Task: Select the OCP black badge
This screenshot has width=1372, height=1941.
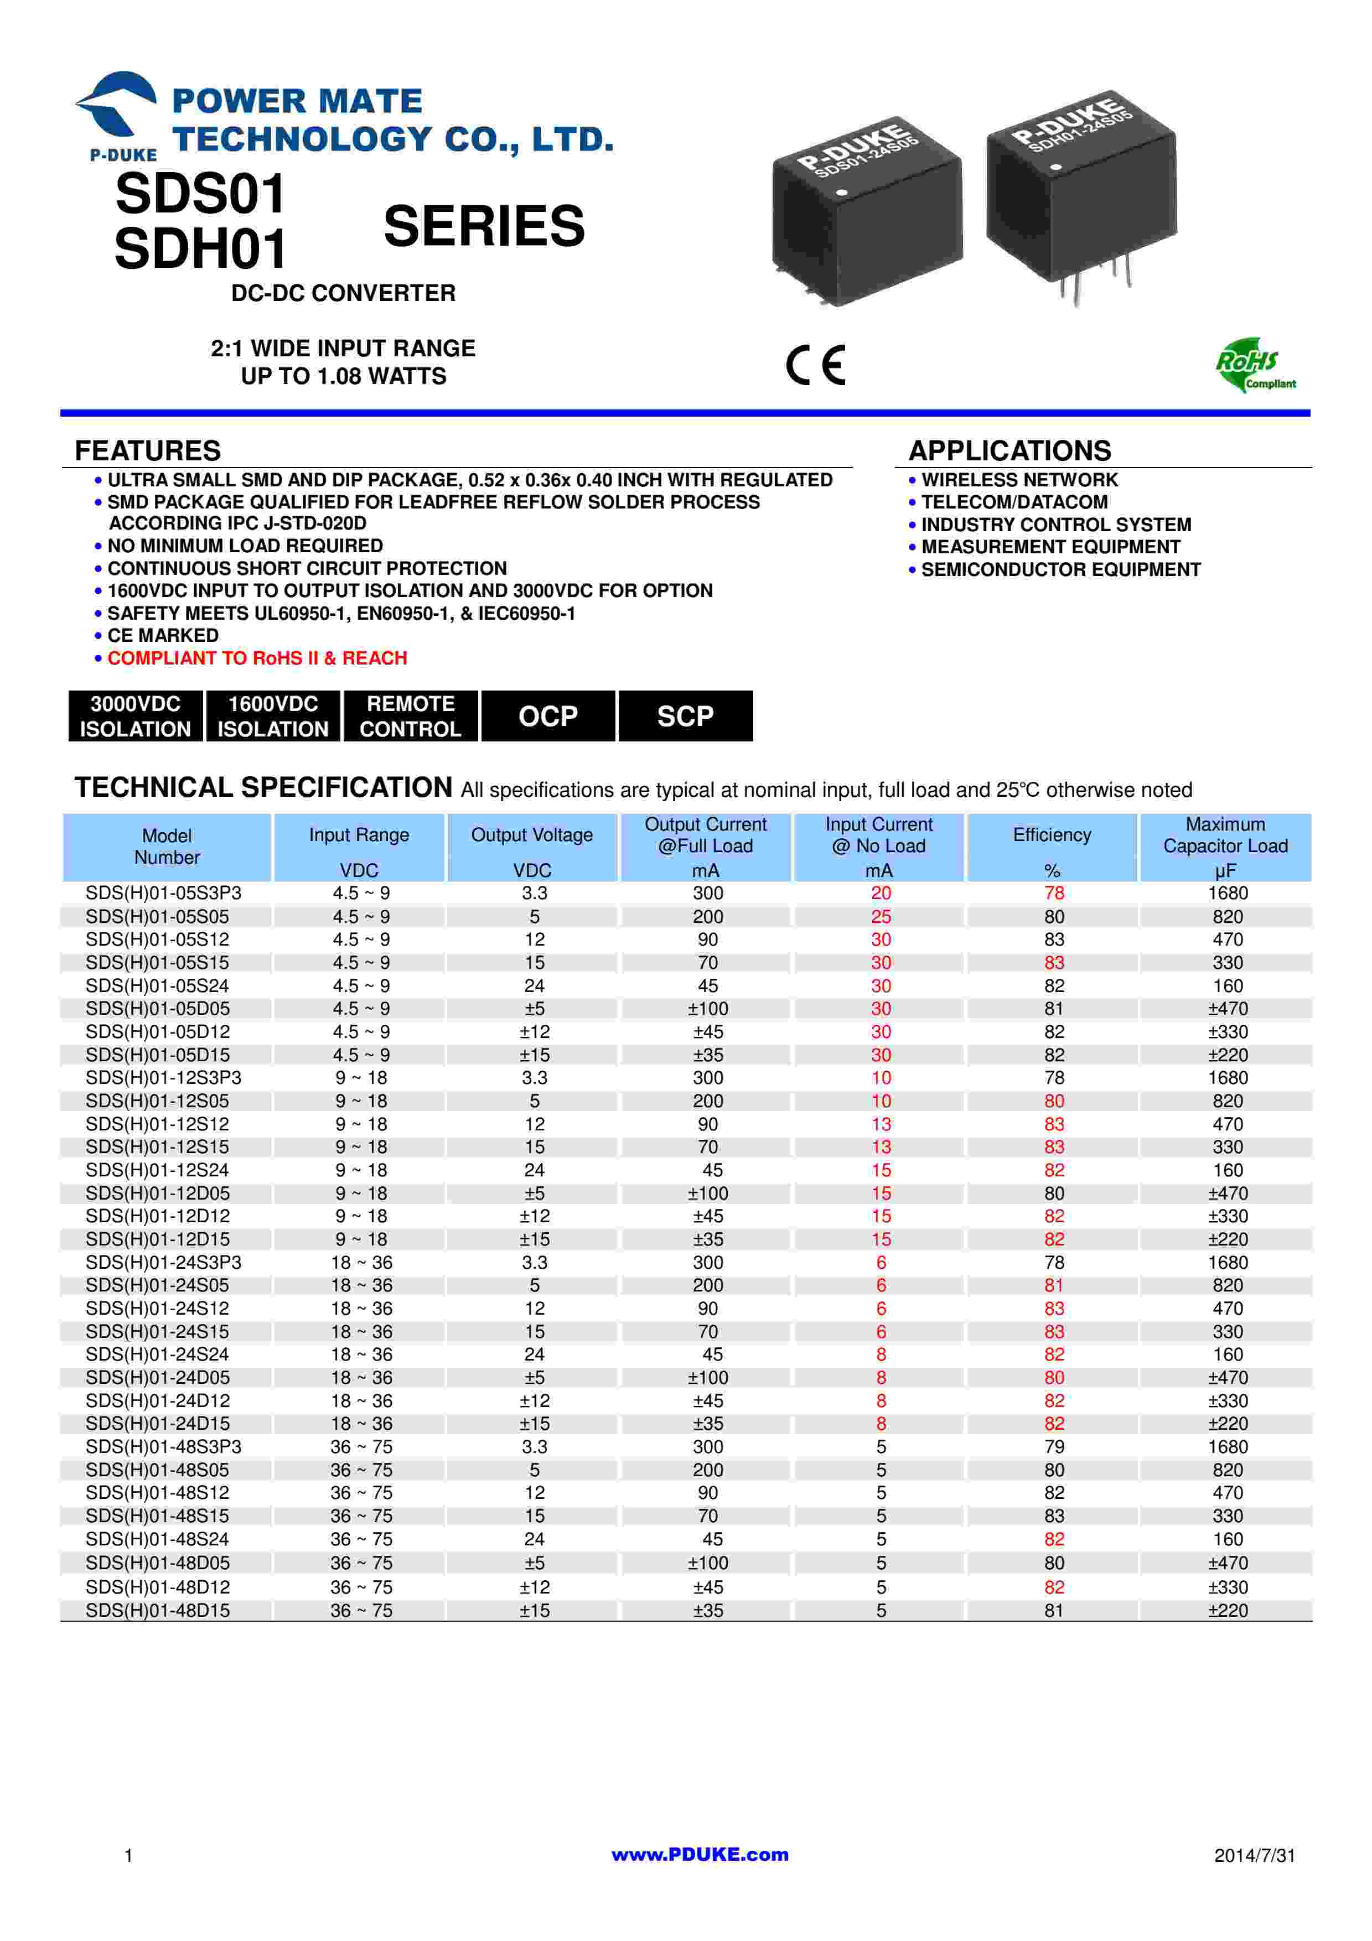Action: (x=548, y=716)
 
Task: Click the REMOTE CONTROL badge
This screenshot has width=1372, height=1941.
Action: (x=410, y=716)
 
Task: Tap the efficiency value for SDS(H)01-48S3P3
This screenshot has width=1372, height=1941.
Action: (x=1053, y=1447)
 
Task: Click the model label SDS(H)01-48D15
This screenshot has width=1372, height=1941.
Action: (x=157, y=1611)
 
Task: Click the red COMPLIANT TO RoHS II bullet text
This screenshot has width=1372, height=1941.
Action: (x=257, y=658)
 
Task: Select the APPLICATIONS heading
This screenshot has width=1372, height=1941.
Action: (x=1009, y=450)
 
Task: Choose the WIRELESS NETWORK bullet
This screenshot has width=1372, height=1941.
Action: (x=1019, y=480)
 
